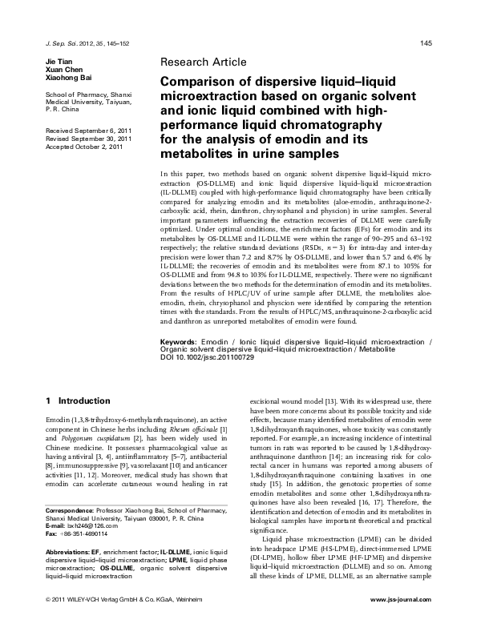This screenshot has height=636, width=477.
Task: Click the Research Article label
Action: click(x=204, y=62)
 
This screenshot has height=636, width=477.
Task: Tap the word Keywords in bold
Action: click(x=181, y=364)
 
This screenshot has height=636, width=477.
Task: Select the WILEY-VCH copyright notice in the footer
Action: click(x=121, y=622)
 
